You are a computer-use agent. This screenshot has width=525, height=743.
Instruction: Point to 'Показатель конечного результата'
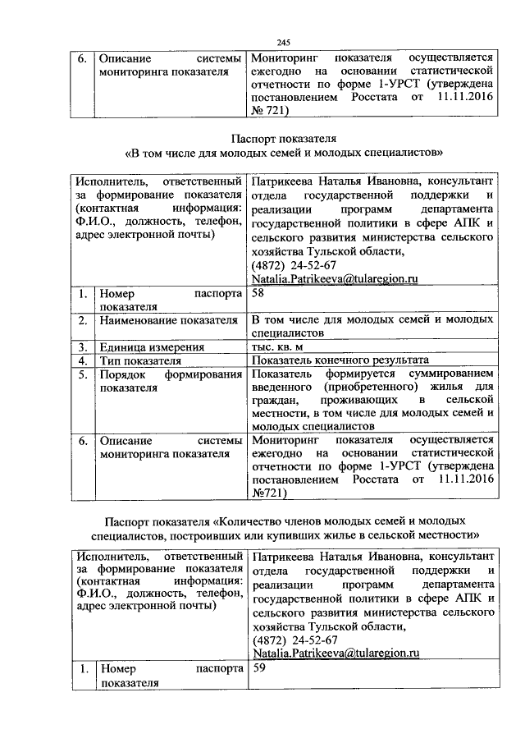coord(340,360)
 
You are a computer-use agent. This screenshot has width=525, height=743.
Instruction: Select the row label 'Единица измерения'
coord(152,346)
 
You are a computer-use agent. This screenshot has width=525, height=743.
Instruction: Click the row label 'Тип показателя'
coord(139,360)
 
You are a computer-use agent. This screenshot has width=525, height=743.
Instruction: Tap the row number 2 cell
coord(84,320)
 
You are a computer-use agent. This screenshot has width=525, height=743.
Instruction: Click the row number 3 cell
coord(84,346)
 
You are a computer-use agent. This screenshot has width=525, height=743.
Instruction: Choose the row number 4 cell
coord(84,360)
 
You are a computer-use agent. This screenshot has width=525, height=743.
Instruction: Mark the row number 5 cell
coord(84,374)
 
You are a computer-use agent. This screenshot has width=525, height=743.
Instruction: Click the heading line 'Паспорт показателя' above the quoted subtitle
coord(283,137)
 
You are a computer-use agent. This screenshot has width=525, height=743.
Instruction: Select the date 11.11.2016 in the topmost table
coord(463,98)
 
